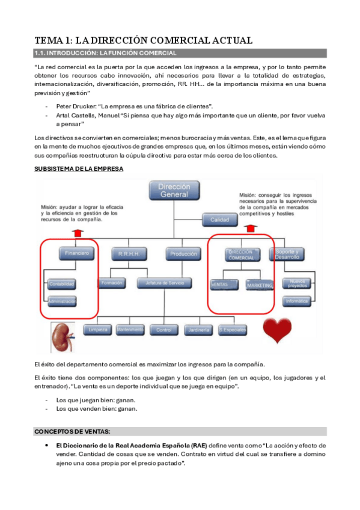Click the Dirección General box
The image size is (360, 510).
click(173, 191)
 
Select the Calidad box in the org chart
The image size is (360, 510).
click(219, 220)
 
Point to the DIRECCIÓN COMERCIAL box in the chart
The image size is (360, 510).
click(240, 254)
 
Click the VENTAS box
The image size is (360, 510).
click(221, 284)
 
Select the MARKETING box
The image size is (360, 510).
click(260, 284)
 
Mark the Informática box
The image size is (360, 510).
click(297, 300)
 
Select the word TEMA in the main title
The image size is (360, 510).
click(50, 40)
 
